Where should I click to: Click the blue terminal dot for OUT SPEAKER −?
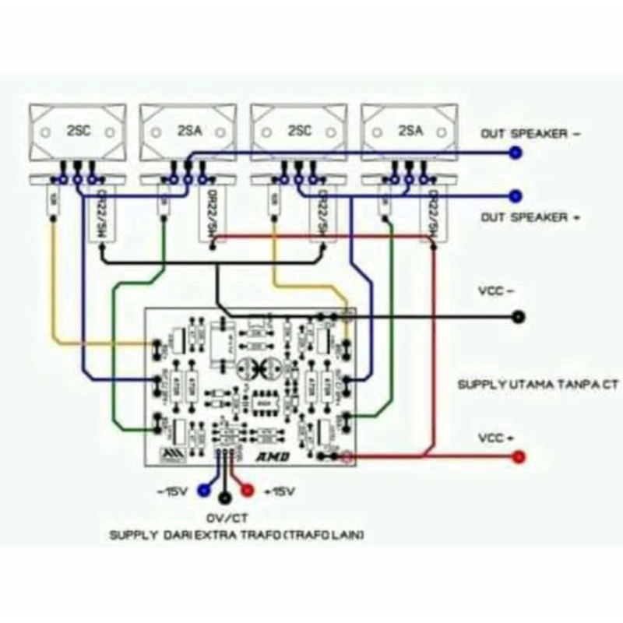[514, 154]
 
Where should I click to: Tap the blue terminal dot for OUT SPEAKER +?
[514, 195]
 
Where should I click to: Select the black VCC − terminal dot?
[517, 317]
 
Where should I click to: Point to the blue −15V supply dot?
[204, 490]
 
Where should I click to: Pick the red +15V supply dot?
[247, 490]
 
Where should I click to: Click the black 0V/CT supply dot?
[225, 498]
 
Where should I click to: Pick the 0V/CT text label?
[225, 518]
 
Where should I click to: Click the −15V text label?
[174, 490]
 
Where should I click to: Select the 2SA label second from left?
[188, 132]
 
